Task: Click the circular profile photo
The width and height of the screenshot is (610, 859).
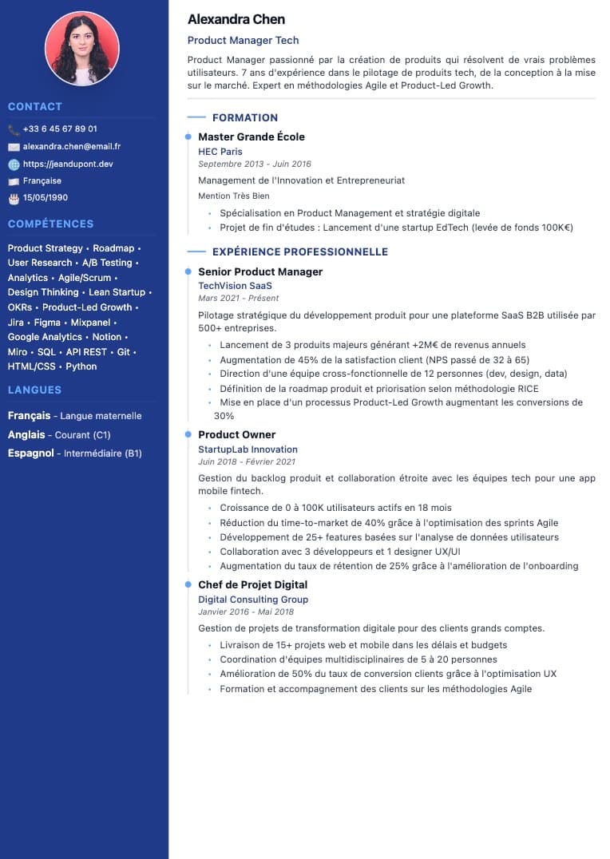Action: pos(82,48)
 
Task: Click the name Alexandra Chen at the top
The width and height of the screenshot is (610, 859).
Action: pos(236,19)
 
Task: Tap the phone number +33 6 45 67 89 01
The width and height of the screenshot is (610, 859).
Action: pos(60,129)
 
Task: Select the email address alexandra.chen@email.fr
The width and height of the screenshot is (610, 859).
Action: pos(72,146)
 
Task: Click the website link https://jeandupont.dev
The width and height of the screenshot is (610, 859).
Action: pos(68,164)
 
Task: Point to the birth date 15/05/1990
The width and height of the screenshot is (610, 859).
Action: pos(46,197)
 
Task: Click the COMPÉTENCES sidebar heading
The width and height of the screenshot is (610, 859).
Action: pos(50,224)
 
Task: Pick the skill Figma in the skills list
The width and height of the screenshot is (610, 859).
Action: pos(47,323)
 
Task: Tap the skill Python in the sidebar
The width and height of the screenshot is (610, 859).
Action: pos(81,366)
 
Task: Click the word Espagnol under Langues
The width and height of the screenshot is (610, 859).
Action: pos(30,453)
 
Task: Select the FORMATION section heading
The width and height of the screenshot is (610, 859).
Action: pos(245,117)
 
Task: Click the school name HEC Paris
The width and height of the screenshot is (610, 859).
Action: pos(220,151)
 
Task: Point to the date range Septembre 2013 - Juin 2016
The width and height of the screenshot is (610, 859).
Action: pos(254,164)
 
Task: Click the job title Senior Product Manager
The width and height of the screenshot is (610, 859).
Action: pos(260,271)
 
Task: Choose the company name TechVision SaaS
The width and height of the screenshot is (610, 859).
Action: pos(235,285)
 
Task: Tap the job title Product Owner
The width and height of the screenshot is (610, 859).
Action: pos(236,434)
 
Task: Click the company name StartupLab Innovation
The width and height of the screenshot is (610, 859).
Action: pos(248,449)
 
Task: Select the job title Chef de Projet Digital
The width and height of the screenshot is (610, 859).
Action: pos(252,584)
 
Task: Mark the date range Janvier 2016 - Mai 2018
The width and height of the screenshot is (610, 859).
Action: pos(246,612)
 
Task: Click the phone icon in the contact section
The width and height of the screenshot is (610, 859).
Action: pos(14,129)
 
